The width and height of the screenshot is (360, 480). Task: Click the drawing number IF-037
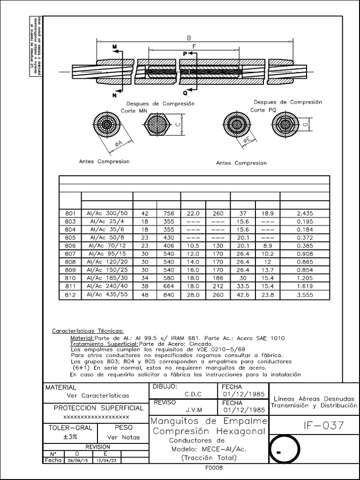323,426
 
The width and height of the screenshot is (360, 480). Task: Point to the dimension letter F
194,46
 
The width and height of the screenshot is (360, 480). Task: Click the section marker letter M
114,46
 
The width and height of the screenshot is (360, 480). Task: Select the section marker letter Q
185,93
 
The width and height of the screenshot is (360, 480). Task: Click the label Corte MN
134,111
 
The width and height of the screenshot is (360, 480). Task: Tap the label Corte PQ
263,110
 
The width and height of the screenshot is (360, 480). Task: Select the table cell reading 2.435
305,213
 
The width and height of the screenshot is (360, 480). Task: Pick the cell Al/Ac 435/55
107,294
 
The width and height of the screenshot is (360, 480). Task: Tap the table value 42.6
243,294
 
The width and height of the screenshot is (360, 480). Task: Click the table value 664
169,286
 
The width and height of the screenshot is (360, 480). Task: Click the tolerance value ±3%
66,437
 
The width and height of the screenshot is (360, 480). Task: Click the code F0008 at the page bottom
213,468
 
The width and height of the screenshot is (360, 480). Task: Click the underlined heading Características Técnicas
88,331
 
